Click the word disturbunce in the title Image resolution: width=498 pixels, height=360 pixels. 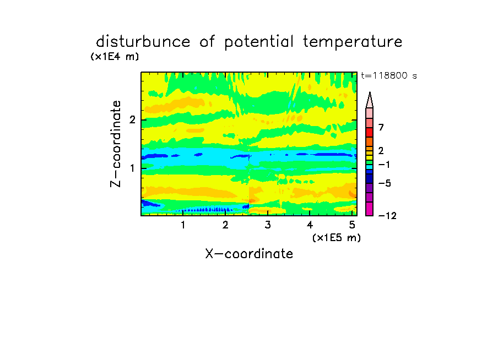[x=143, y=42]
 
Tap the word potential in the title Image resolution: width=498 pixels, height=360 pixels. [x=259, y=42]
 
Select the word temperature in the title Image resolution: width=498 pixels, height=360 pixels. [x=353, y=42]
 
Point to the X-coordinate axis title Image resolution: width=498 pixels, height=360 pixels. [x=249, y=254]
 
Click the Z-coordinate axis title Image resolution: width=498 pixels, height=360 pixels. [x=116, y=144]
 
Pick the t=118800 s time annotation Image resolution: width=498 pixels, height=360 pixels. [x=389, y=75]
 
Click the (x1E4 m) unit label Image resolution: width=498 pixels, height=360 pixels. [x=115, y=57]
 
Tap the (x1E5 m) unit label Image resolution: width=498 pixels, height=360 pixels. [x=337, y=238]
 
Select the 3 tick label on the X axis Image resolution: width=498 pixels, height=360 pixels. [x=268, y=225]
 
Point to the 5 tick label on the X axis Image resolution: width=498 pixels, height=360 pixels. [x=352, y=225]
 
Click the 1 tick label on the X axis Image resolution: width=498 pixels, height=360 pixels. [x=183, y=225]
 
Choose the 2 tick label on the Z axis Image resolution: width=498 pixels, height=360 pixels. [x=132, y=120]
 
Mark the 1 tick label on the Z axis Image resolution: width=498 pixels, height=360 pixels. [x=132, y=168]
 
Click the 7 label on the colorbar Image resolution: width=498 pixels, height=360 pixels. [x=381, y=128]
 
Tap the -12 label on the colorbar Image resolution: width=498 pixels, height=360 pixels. [x=387, y=216]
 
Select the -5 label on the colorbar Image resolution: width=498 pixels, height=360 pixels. [x=385, y=183]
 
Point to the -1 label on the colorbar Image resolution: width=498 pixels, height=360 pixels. [x=384, y=165]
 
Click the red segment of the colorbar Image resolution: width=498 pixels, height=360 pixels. [x=370, y=132]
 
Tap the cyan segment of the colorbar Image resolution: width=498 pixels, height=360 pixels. [x=370, y=167]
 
